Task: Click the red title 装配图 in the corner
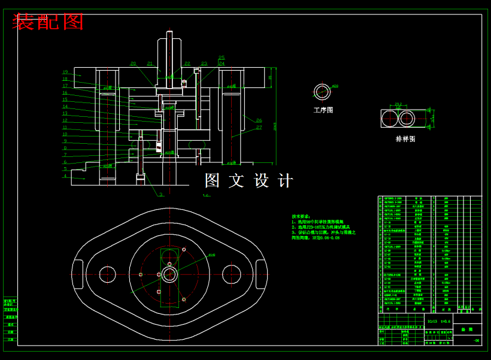coord(48,22)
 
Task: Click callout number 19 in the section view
coord(65,72)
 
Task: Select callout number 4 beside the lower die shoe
coord(65,176)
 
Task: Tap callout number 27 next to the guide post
coord(259,127)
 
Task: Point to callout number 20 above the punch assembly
coord(133,63)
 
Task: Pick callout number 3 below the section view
coord(160,194)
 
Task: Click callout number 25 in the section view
coord(222,58)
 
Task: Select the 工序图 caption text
coord(323,110)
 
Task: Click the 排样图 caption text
coord(405,139)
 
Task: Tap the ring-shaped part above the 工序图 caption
coord(322,92)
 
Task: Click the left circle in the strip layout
coord(391,119)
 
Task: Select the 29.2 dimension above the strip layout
coord(398,104)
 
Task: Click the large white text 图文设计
coord(249,180)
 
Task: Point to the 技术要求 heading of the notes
coord(301,216)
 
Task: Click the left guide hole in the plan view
coord(108,274)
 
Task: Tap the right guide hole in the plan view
coord(231,274)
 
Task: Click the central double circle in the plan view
coord(169,274)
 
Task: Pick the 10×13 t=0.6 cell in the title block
coord(438,321)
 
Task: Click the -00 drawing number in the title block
coord(476,340)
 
